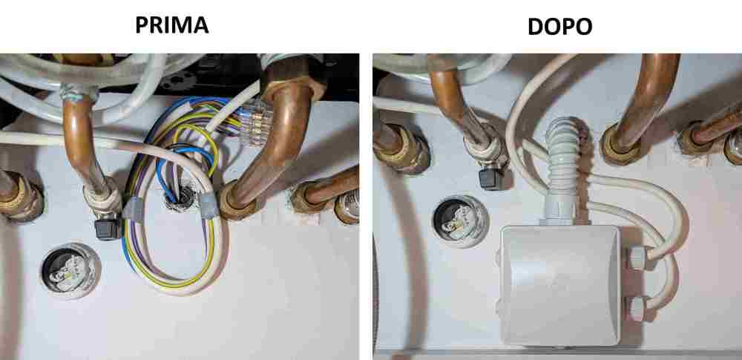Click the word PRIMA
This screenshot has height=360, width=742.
point(172,25)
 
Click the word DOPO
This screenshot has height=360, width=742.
point(559,27)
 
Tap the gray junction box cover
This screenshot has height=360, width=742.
point(560,285)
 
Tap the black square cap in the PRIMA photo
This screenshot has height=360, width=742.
point(108,229)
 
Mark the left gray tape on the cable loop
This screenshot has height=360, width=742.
point(134,209)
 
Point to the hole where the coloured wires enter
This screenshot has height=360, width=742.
point(178,197)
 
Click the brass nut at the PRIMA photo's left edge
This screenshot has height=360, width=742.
point(21,196)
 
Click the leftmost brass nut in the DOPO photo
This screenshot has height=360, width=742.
point(401,148)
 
